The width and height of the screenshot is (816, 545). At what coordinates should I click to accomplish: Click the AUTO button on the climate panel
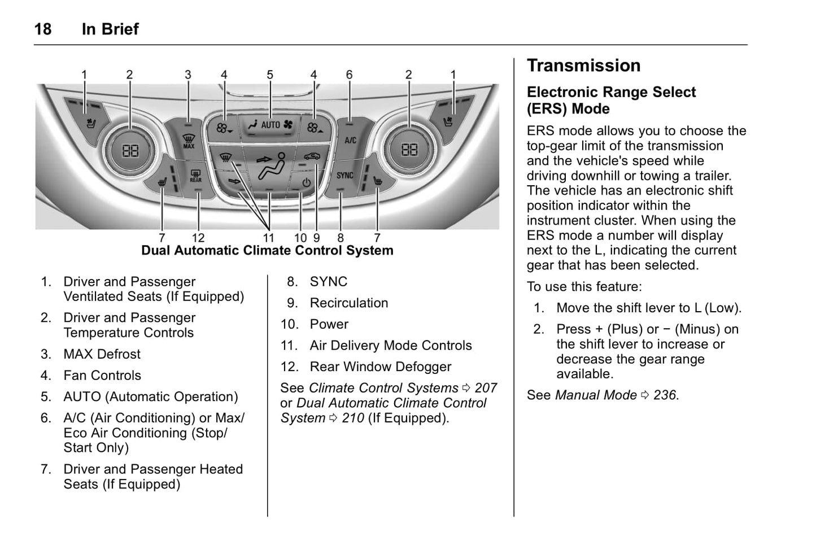click(x=270, y=125)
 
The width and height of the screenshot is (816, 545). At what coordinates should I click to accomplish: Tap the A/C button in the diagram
click(x=350, y=139)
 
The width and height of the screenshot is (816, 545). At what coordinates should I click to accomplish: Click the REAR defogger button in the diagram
click(x=195, y=176)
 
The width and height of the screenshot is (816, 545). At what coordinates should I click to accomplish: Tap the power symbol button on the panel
click(x=306, y=182)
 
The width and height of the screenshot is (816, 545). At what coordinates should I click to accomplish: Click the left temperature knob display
click(x=130, y=150)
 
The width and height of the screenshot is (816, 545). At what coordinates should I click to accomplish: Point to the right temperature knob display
click(x=409, y=150)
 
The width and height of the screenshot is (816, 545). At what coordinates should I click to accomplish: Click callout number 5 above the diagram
click(x=270, y=75)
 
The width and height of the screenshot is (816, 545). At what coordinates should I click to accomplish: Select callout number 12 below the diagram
click(x=198, y=238)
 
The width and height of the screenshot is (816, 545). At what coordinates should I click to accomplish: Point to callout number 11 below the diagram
click(x=268, y=238)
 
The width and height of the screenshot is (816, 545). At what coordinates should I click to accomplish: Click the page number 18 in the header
click(x=43, y=29)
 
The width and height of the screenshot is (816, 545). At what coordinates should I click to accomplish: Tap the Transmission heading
click(x=583, y=66)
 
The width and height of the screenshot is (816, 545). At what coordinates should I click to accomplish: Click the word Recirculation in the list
click(x=348, y=303)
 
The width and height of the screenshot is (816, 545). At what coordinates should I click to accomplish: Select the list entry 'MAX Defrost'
click(x=102, y=354)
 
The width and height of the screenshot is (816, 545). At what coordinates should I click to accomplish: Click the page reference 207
click(x=486, y=388)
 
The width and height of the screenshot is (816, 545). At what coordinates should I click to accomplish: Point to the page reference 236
click(x=665, y=395)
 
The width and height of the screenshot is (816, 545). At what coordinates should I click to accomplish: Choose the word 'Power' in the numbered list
click(x=329, y=324)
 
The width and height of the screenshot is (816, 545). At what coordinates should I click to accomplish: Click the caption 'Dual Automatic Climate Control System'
click(x=267, y=250)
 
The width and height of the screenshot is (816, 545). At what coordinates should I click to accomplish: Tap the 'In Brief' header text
click(x=110, y=29)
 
